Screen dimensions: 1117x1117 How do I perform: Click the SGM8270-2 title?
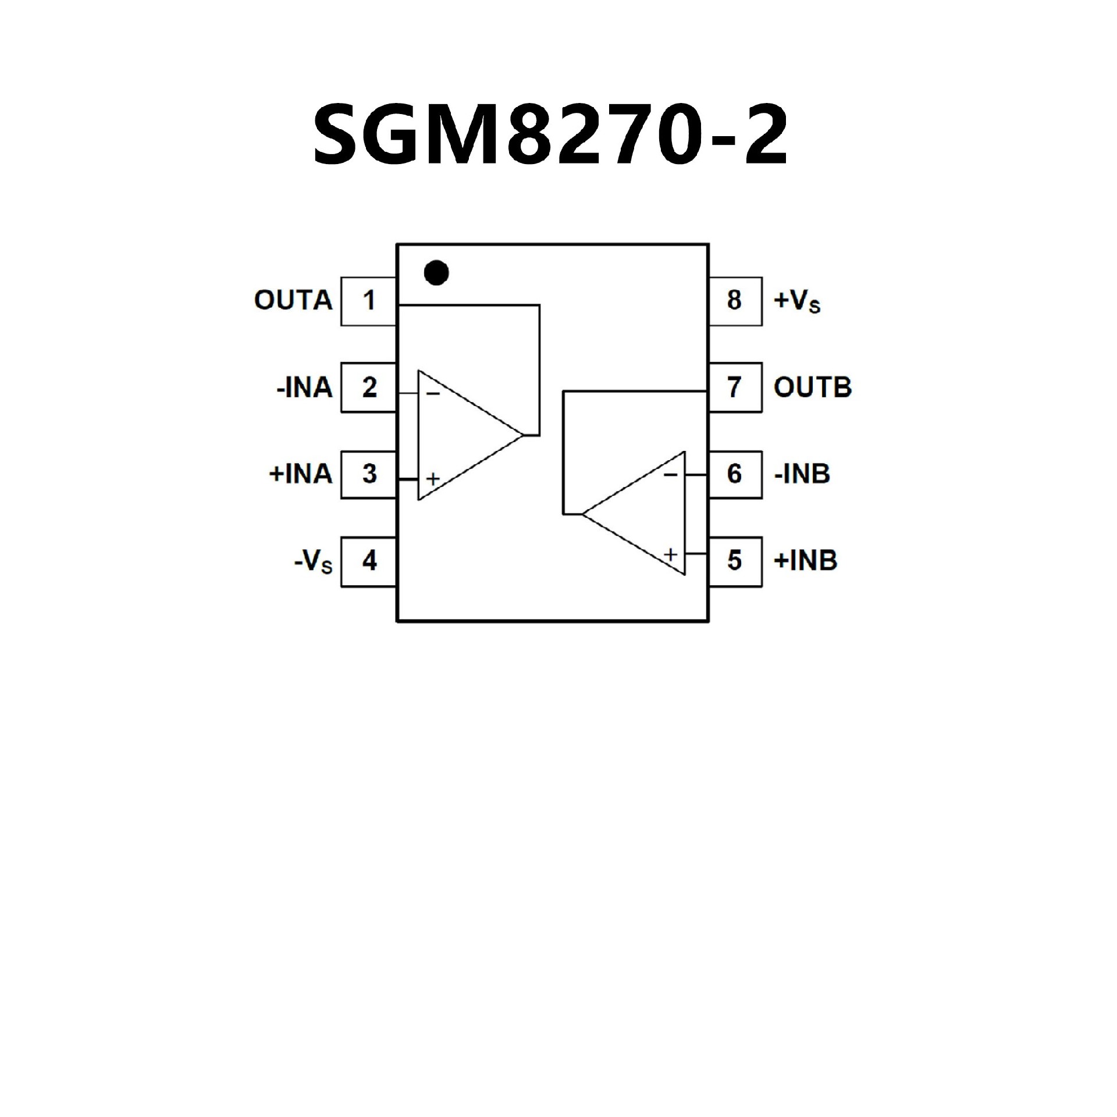coord(550,136)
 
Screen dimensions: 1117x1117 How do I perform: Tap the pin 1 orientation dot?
coord(436,272)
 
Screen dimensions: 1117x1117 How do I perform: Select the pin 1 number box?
coord(368,301)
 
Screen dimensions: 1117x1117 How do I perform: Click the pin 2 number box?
coord(368,387)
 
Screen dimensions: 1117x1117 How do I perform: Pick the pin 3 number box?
coord(368,474)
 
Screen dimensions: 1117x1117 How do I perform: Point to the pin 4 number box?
coord(368,561)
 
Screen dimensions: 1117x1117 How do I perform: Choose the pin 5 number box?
coord(735,561)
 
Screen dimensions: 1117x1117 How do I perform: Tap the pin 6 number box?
coord(735,474)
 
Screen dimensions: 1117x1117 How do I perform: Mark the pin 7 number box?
coord(735,387)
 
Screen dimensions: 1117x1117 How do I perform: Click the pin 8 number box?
coord(735,301)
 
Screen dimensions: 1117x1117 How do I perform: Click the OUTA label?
coord(293,301)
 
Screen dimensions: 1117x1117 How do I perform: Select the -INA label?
coord(304,387)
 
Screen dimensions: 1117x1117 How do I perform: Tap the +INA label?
coord(300,474)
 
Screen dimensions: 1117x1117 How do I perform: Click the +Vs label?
coord(796,301)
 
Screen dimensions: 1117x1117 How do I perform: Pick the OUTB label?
coord(812,387)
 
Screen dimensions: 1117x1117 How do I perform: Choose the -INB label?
coord(802,474)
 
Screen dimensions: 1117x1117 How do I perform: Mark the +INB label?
coord(805,561)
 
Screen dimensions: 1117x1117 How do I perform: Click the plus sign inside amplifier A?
coord(433,479)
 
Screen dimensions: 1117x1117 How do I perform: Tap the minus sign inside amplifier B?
coord(671,475)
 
